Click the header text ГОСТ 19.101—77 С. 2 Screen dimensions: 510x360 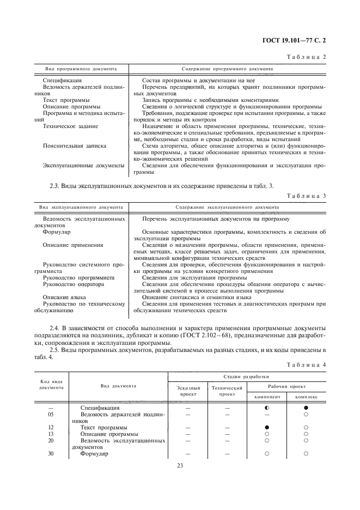coord(297,40)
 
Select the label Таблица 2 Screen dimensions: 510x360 coord(310,57)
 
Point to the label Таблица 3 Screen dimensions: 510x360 coord(310,195)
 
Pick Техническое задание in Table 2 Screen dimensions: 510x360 coord(70,126)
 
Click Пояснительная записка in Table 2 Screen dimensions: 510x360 coord(74,146)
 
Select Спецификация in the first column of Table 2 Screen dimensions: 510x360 coord(62,80)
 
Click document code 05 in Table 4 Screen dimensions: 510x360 coord(51,414)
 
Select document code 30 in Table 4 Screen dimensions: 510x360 coord(51,453)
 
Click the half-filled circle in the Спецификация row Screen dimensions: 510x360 coord(267,408)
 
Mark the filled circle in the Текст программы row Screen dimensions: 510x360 coord(267,428)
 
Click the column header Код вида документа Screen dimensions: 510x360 coord(51,385)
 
